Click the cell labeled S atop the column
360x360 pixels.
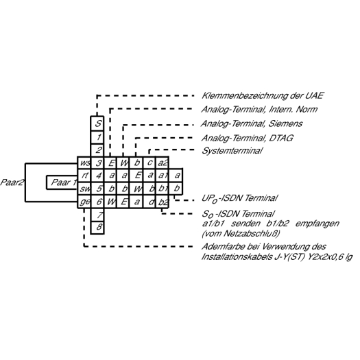97,123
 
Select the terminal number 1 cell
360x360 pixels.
97,137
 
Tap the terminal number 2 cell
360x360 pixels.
97,150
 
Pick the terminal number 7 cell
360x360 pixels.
97,215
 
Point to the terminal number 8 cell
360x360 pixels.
97,228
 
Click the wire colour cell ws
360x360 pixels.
84,163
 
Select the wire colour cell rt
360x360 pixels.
84,176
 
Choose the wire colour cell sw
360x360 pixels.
84,189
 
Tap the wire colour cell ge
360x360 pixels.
84,202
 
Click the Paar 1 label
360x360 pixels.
64,182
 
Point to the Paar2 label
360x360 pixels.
12,182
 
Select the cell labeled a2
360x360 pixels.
163,163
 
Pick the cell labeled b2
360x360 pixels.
163,202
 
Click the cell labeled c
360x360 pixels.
149,163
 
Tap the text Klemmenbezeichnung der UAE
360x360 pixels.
263,95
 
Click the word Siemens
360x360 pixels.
285,123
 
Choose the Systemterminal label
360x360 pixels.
232,151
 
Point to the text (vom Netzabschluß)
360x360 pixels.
241,234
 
